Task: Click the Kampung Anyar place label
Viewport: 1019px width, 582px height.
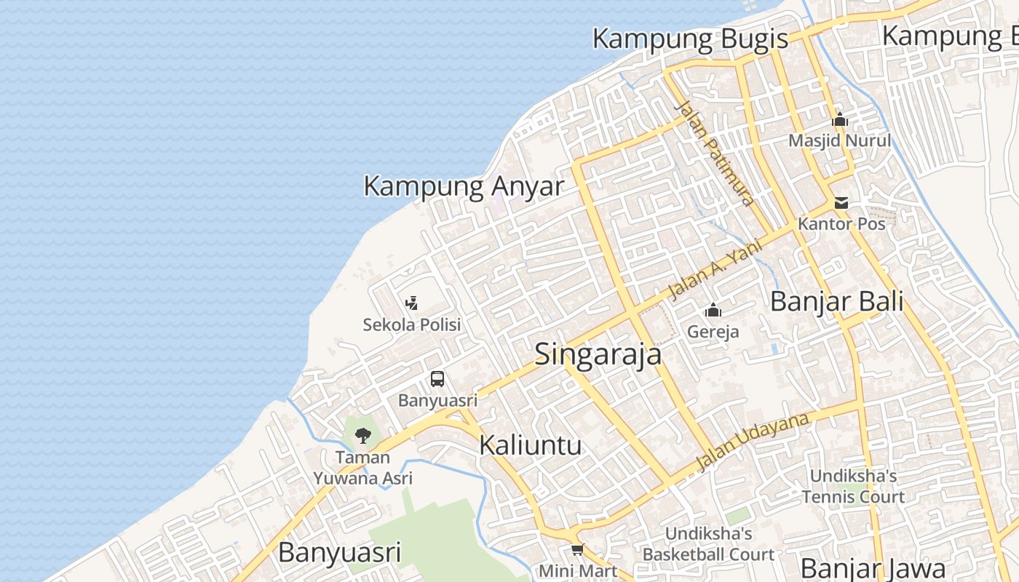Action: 464,186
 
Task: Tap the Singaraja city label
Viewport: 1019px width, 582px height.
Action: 598,354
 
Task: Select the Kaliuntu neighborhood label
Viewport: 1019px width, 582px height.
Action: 530,445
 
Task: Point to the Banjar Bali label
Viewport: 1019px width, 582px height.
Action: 836,301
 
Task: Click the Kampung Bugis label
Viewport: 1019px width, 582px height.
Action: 690,39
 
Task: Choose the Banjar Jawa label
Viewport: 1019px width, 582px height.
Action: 873,568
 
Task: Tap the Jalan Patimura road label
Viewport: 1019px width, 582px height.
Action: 715,153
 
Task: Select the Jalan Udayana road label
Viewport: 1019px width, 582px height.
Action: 753,442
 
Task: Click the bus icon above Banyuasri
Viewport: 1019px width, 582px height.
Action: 437,379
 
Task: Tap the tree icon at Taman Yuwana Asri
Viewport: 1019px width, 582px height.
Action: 362,436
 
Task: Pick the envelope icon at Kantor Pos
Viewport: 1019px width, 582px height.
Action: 841,203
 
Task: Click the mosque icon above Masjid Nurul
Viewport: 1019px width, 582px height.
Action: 840,119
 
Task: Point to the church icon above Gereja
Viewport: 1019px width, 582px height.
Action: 713,311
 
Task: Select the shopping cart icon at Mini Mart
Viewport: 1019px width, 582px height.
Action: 577,549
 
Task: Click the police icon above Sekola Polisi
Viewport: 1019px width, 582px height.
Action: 411,303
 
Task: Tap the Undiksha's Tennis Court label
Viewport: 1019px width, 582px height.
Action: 853,487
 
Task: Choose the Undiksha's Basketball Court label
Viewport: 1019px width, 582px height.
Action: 708,544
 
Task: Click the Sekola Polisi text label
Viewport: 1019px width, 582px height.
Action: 412,324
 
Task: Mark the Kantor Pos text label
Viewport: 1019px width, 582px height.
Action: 841,223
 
